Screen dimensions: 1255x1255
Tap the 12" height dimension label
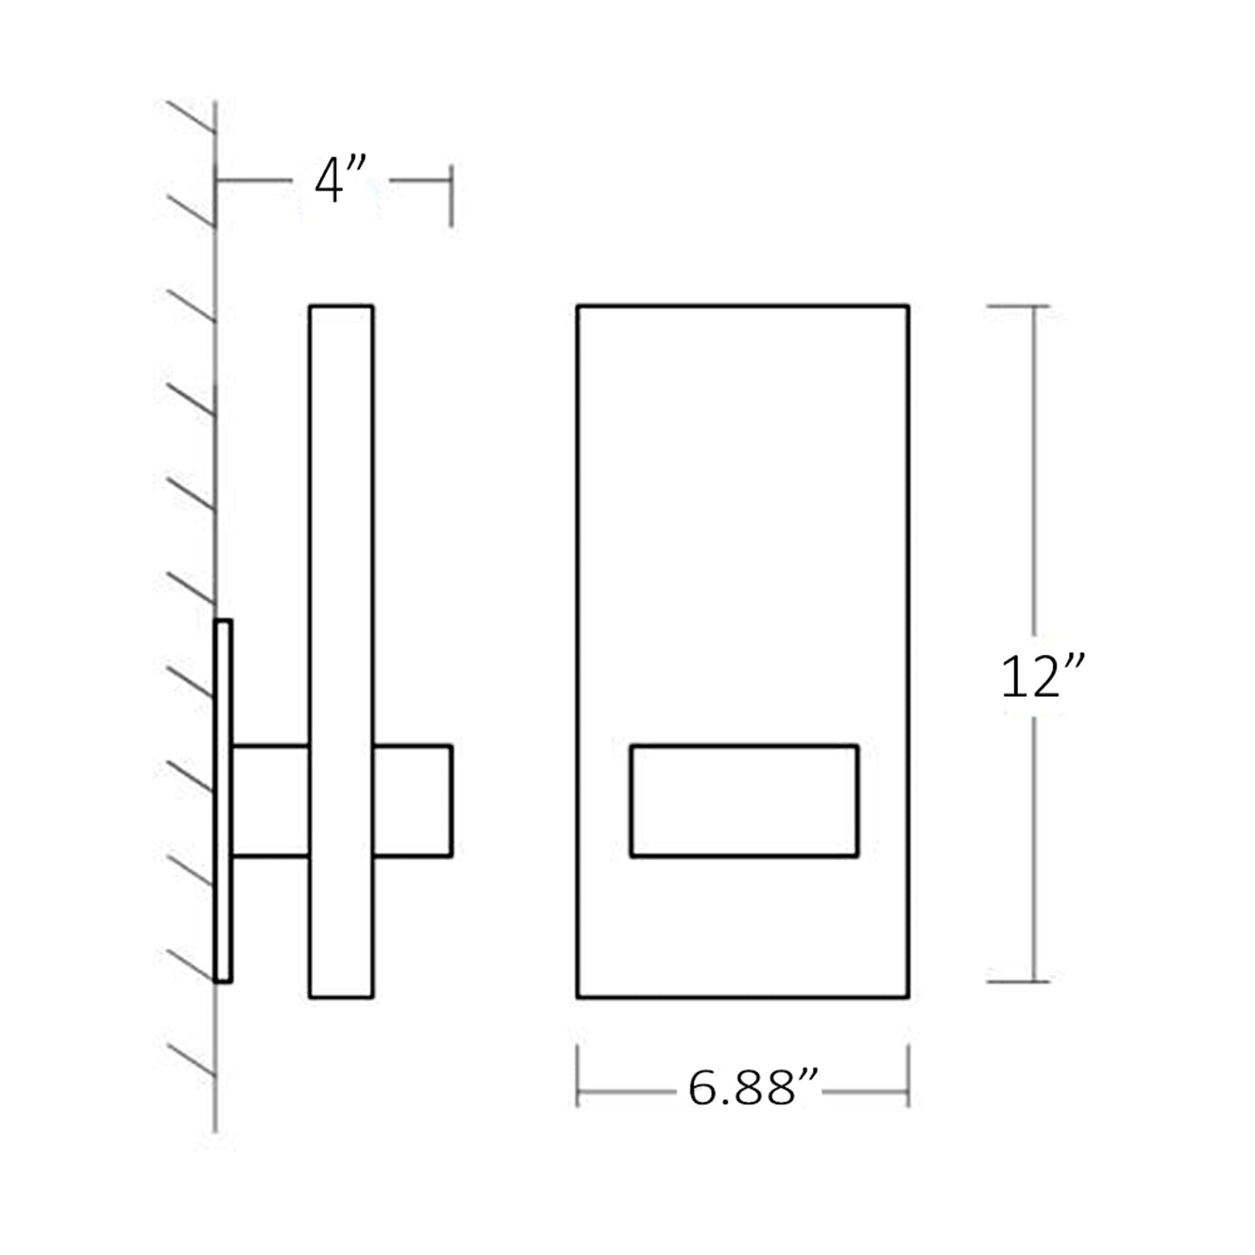tap(1042, 676)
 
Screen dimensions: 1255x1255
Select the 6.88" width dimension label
tap(753, 1087)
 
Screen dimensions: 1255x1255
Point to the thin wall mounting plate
tap(223, 801)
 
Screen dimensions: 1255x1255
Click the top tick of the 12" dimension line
tap(1017, 306)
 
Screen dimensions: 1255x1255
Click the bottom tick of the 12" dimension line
tap(1017, 982)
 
